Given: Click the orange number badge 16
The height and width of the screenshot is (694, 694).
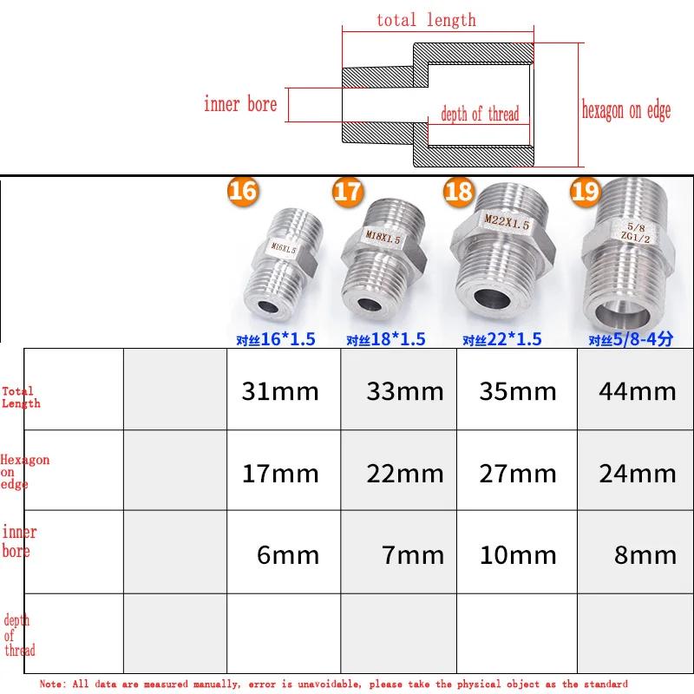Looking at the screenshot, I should pyautogui.click(x=243, y=190).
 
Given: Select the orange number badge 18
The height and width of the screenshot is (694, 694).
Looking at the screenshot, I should pyautogui.click(x=458, y=191).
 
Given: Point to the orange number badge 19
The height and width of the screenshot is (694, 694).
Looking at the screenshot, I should pyautogui.click(x=585, y=191).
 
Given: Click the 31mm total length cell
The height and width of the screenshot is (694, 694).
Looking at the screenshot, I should pyautogui.click(x=280, y=391).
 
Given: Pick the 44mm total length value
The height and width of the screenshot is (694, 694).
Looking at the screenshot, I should pyautogui.click(x=637, y=391).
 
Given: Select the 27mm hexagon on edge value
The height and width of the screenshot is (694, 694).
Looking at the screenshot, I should pyautogui.click(x=518, y=474).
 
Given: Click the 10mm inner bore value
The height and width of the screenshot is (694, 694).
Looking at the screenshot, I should pyautogui.click(x=518, y=555).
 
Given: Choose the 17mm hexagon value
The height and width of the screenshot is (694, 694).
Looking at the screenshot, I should pyautogui.click(x=280, y=474).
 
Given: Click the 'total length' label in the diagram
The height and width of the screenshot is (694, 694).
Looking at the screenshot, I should pyautogui.click(x=426, y=20).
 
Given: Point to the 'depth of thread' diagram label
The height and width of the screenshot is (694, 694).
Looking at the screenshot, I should pyautogui.click(x=480, y=114).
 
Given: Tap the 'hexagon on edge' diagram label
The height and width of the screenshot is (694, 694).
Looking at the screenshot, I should pyautogui.click(x=625, y=109).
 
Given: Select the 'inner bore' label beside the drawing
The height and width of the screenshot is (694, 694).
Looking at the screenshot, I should pyautogui.click(x=240, y=105).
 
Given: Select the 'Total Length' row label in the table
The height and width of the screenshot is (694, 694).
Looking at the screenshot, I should pyautogui.click(x=21, y=397).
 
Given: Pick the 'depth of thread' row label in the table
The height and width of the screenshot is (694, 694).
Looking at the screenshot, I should pyautogui.click(x=19, y=635).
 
